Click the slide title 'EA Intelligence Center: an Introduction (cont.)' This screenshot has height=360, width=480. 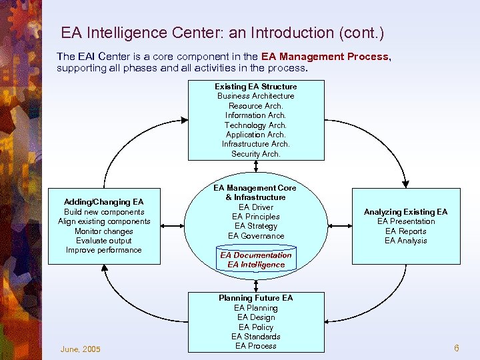tap(223, 32)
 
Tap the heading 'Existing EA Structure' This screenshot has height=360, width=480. tap(255, 87)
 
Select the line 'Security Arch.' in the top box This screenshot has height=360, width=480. tap(255, 154)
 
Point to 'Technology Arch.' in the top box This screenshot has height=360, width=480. tap(255, 125)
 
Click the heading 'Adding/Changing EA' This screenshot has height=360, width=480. tap(103, 202)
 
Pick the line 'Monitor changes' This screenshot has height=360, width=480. tap(104, 231)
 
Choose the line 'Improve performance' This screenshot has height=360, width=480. tap(104, 250)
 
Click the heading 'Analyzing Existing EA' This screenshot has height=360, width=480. tap(405, 212)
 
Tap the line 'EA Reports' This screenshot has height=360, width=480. tap(405, 231)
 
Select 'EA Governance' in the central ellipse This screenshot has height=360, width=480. tap(256, 236)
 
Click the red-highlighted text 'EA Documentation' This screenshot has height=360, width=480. tap(256, 255)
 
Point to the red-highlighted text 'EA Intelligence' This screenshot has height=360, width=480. tap(256, 265)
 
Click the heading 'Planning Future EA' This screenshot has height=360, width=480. tap(255, 298)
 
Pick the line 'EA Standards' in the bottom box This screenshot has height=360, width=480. tap(255, 337)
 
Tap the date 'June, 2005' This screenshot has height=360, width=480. tap(80, 349)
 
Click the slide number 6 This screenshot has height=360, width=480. tap(457, 349)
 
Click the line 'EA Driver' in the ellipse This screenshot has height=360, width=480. tap(256, 207)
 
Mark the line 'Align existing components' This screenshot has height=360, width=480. tap(104, 221)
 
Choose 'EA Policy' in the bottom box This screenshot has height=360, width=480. tap(255, 327)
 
